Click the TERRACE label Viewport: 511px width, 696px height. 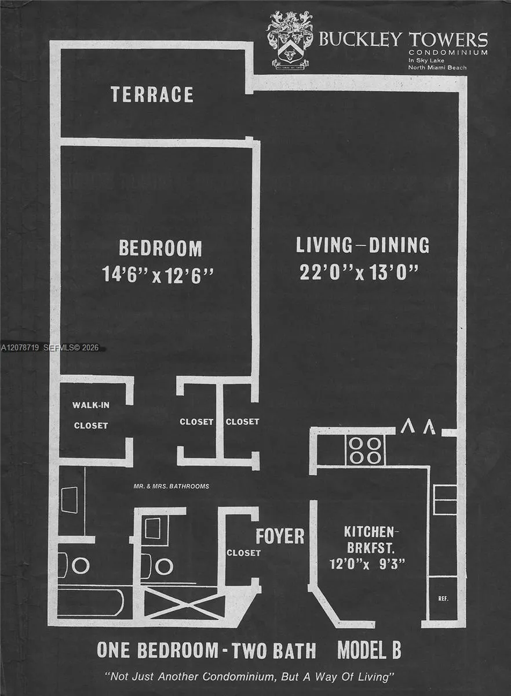[152, 95]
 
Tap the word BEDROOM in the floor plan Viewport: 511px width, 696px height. [160, 248]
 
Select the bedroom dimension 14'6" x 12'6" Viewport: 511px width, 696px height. [158, 275]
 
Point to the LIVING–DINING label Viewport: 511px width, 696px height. [363, 245]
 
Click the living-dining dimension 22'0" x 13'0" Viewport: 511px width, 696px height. [359, 272]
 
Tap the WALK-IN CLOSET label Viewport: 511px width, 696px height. [91, 415]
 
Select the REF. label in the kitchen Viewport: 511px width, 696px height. [443, 599]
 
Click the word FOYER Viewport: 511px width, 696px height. [280, 536]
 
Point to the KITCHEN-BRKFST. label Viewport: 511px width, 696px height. [370, 540]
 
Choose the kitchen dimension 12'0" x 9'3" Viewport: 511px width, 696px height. [367, 564]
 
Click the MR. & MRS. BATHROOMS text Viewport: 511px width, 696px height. [171, 486]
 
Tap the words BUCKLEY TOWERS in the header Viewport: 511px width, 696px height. [403, 39]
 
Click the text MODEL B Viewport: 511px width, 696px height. [369, 650]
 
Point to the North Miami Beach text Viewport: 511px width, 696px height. [437, 67]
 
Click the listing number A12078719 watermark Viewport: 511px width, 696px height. [20, 347]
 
